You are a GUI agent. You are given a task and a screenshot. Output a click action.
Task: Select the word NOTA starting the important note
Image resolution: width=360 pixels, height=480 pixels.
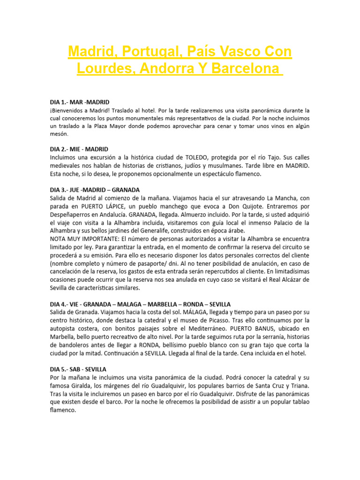point(59,239)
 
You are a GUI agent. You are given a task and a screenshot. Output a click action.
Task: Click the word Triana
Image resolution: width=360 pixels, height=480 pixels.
point(299,385)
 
